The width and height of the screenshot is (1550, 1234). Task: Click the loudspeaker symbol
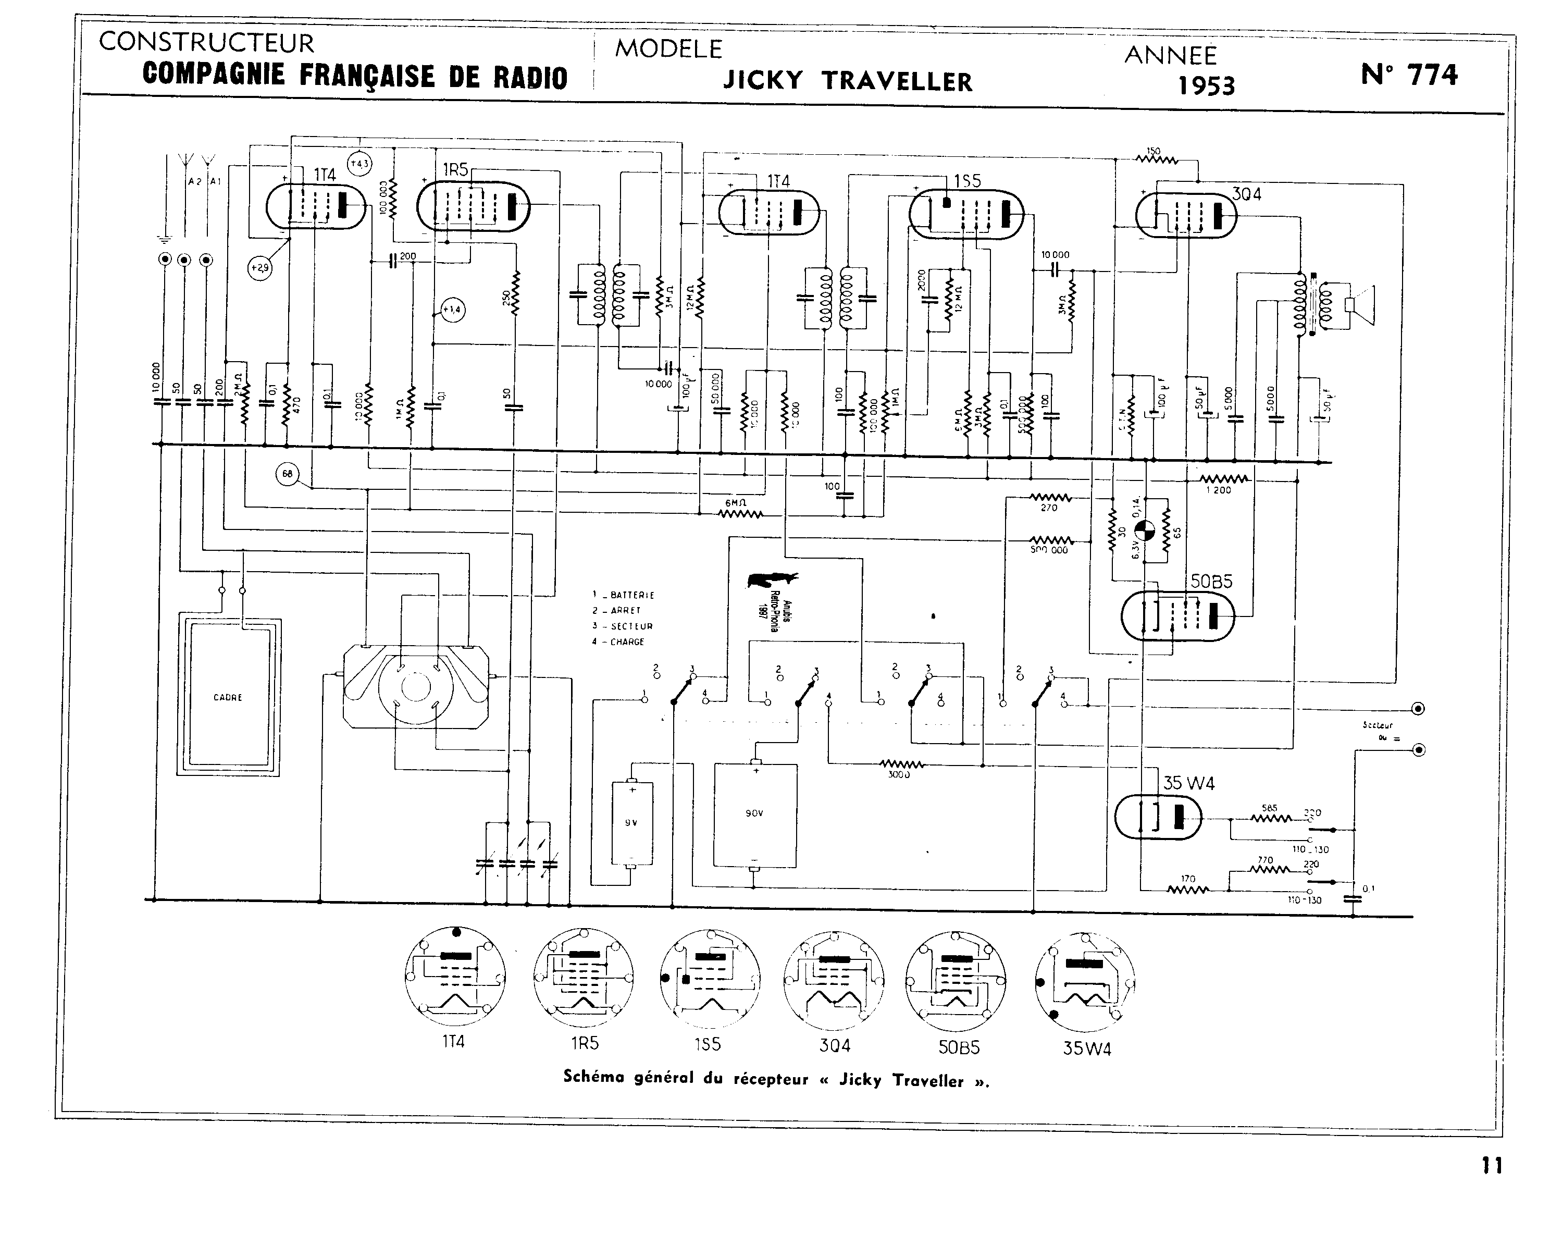tap(1361, 305)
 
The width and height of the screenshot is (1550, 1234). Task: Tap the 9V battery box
tap(632, 823)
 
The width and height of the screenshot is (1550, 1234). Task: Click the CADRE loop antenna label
tap(228, 698)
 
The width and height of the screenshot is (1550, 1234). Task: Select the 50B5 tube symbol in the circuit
tap(1177, 615)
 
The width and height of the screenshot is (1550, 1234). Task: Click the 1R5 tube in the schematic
tap(473, 207)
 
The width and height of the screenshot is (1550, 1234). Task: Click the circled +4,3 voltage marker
tap(359, 164)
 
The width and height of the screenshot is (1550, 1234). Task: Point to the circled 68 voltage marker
tap(288, 473)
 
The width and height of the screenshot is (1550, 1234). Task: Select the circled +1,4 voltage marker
tap(452, 310)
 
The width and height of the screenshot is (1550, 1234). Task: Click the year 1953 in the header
tap(1206, 85)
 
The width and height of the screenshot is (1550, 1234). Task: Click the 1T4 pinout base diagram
tap(454, 979)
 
